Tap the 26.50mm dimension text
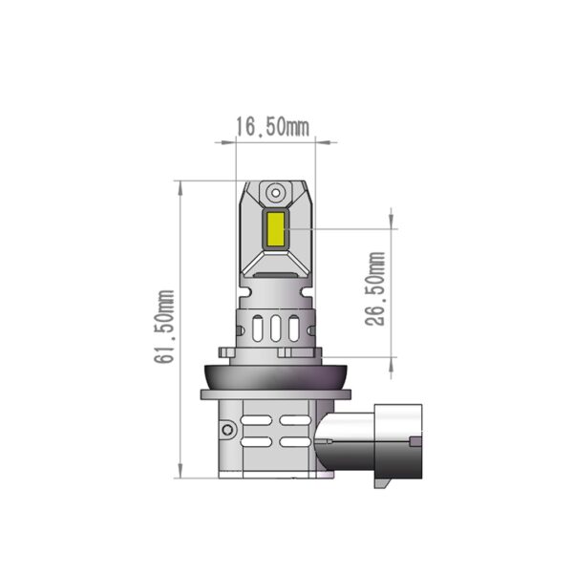tap(376, 289)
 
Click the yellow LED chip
tap(274, 229)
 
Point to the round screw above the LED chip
tap(273, 191)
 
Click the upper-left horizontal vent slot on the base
tap(258, 419)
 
